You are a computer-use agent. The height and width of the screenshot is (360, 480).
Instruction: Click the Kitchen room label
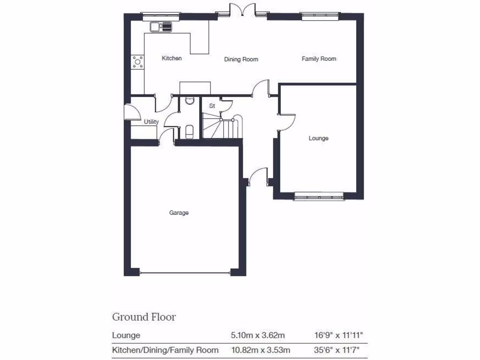(172, 58)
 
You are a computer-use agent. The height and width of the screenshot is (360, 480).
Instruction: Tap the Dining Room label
(241, 59)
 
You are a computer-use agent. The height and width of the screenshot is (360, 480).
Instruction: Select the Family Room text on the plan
(319, 59)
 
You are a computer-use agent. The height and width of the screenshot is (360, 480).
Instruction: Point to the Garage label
(179, 213)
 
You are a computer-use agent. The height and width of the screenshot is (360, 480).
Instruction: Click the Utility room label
(151, 122)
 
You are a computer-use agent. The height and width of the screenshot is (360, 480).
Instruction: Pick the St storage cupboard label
(212, 106)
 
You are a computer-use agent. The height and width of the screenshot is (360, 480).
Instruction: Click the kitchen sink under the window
(161, 27)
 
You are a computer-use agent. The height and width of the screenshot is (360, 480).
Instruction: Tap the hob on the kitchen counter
(138, 60)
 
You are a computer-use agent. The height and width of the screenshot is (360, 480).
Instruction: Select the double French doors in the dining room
(242, 10)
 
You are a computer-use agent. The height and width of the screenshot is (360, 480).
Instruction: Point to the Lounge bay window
(319, 197)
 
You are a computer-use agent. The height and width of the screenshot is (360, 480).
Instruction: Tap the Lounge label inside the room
(318, 138)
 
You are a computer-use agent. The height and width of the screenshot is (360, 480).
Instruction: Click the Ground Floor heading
(144, 317)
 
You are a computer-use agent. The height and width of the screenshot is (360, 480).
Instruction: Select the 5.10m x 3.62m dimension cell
(258, 336)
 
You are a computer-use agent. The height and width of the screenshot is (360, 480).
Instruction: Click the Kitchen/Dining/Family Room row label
(165, 350)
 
